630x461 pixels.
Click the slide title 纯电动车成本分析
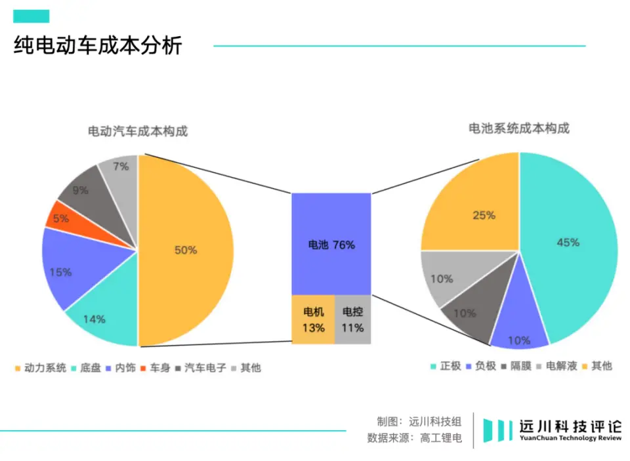98,46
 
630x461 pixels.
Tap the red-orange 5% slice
59,218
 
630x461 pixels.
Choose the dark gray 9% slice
82,191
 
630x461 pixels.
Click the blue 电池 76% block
331,244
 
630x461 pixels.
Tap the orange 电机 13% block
313,319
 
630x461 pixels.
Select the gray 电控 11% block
352,319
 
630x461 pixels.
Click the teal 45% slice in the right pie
568,243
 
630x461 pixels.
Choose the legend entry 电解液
561,366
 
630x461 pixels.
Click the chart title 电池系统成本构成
518,129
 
